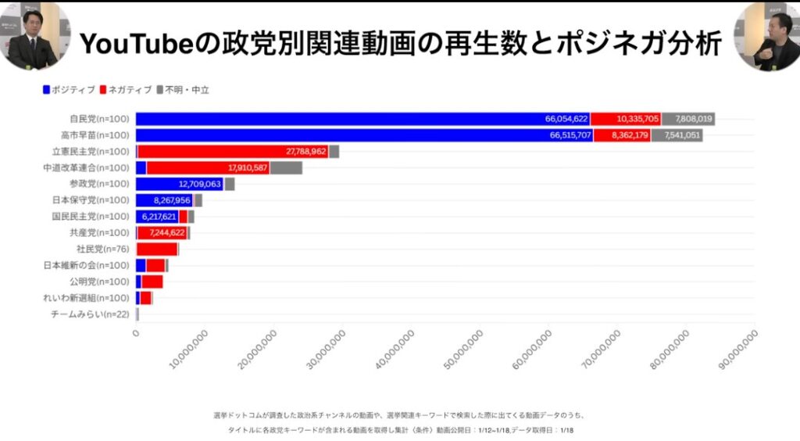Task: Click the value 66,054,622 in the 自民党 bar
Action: [x=566, y=119]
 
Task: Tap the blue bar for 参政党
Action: [x=180, y=184]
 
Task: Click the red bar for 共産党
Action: [x=162, y=233]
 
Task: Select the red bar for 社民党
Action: [x=156, y=249]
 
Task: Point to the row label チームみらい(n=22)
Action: [x=89, y=314]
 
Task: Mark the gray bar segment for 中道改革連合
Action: [x=286, y=168]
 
